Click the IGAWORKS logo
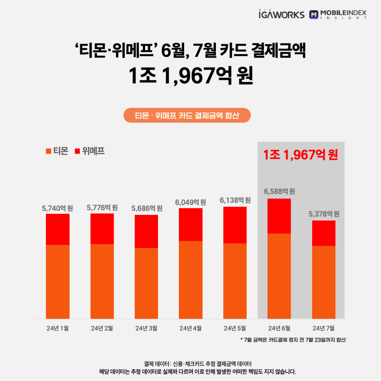(x=281, y=14)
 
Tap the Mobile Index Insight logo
(x=338, y=14)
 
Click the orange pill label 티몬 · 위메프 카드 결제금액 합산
(x=187, y=115)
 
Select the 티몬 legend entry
(x=57, y=151)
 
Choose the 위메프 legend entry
(x=90, y=151)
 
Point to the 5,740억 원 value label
(x=58, y=208)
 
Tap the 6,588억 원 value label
(x=279, y=192)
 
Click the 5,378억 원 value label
(x=324, y=214)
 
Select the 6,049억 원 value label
(x=190, y=202)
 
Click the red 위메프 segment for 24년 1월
(x=58, y=229)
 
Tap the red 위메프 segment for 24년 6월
(x=279, y=216)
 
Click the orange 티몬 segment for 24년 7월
(x=324, y=282)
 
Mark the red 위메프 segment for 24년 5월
(x=235, y=225)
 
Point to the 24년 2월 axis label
(x=102, y=328)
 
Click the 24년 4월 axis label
(x=190, y=328)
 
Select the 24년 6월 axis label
(x=279, y=328)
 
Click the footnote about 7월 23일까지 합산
(x=293, y=340)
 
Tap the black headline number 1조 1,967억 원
(x=190, y=76)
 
